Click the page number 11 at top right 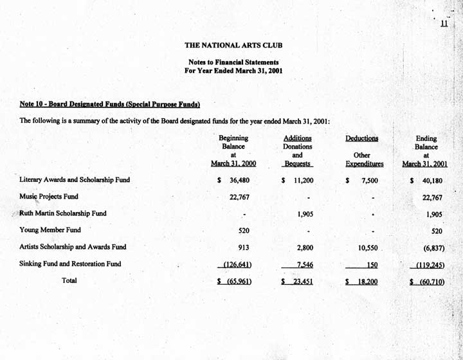click(444, 24)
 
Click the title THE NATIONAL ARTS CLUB click(233, 46)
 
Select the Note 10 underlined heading click(110, 104)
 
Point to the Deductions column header click(361, 138)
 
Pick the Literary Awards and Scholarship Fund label click(75, 180)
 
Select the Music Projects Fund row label click(49, 197)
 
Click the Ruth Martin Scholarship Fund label click(63, 213)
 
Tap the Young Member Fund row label click(50, 230)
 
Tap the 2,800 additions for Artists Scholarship click(304, 247)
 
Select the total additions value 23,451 click(302, 281)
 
